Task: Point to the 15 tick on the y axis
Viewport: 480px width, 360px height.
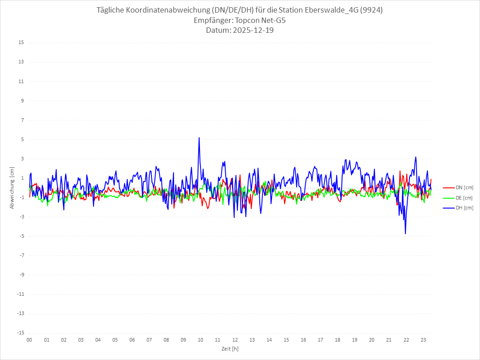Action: pos(21,43)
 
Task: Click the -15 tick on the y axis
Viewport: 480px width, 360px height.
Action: pos(20,333)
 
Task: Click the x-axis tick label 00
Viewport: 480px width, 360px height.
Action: pos(29,340)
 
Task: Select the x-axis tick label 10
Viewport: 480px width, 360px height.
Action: pos(200,340)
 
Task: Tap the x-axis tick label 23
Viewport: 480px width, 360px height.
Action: pos(423,340)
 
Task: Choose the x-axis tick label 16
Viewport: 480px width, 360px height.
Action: pos(303,340)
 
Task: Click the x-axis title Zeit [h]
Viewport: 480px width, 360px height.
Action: pos(230,348)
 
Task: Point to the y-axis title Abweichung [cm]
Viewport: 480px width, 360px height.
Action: pos(12,187)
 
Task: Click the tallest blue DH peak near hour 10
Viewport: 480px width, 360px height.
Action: pos(199,138)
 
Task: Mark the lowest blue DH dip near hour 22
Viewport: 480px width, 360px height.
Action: pos(405,234)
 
